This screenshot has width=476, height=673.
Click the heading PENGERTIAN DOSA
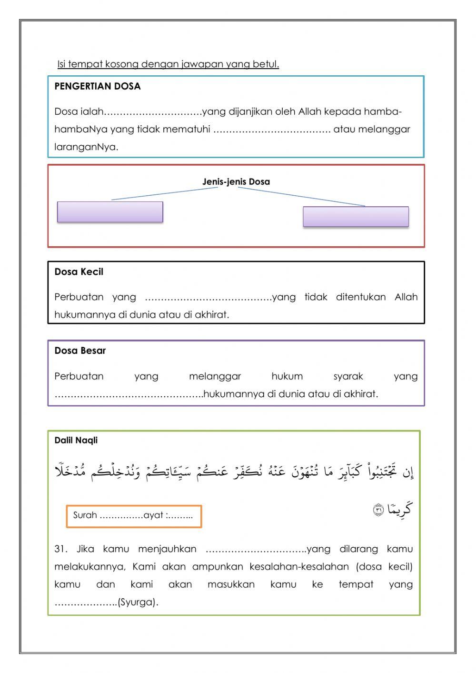click(x=98, y=86)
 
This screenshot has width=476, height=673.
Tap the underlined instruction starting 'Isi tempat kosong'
click(x=168, y=64)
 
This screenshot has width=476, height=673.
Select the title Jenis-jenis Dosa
click(x=236, y=181)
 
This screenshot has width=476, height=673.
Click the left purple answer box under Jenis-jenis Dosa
click(x=110, y=212)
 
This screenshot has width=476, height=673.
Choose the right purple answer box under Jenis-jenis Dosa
click(x=356, y=217)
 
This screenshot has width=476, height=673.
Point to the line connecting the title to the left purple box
click(x=164, y=193)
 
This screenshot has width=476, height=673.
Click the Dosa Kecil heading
click(x=79, y=272)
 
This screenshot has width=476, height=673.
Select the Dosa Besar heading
click(x=80, y=351)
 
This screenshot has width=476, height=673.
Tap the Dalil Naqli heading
click(x=76, y=441)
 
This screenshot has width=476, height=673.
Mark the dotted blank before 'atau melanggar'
click(x=271, y=130)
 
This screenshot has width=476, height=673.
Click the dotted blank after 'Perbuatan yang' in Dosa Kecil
click(x=208, y=298)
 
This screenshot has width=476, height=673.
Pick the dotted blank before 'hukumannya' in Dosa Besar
click(x=129, y=394)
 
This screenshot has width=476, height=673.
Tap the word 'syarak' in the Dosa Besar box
click(x=348, y=376)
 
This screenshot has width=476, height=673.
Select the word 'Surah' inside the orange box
click(x=85, y=515)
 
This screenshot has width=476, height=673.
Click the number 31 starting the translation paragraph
click(x=60, y=549)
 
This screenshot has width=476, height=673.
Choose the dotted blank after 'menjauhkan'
click(x=256, y=550)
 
